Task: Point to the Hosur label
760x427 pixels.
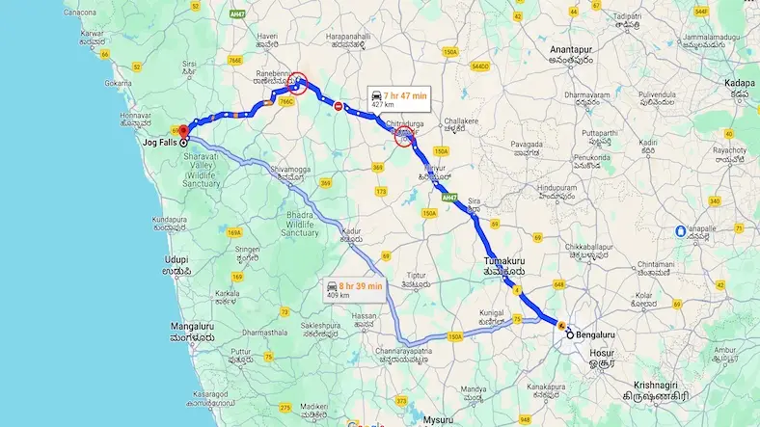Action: tap(602, 360)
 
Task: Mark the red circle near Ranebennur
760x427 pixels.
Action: tap(299, 84)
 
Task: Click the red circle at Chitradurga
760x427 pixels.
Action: tap(407, 137)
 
